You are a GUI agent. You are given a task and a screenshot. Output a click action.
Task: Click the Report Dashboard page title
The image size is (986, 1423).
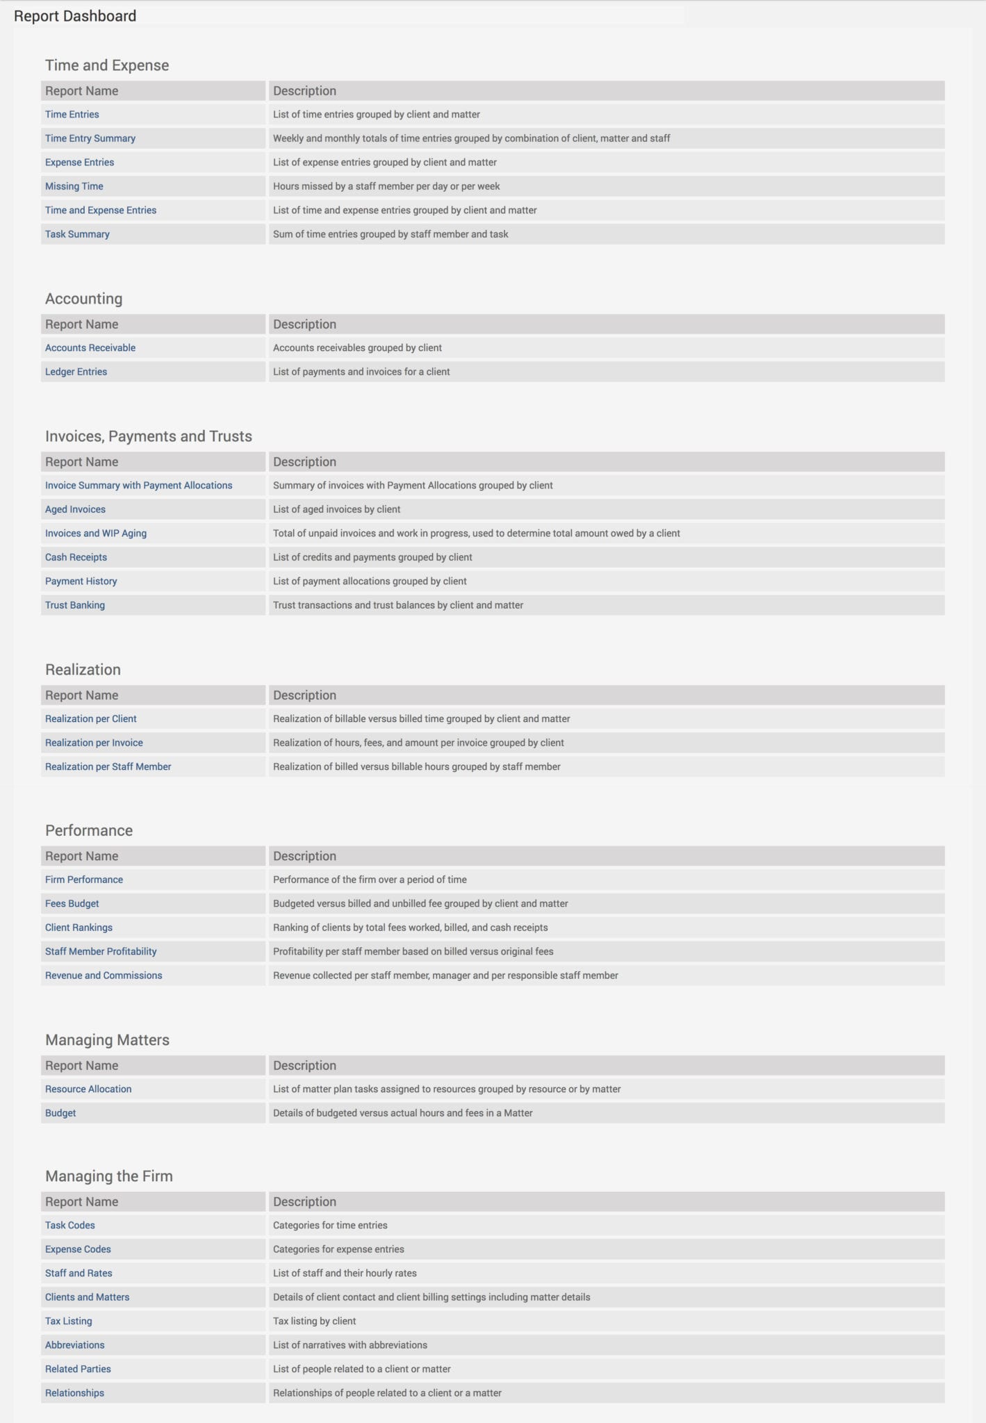click(75, 16)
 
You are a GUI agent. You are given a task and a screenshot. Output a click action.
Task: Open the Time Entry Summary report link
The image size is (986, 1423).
click(90, 138)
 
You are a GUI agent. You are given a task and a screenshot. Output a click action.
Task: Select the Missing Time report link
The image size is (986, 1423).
click(74, 186)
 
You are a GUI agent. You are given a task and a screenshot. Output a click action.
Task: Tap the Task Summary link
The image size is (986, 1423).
click(77, 234)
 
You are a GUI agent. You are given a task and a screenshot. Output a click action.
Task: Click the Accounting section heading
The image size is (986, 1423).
click(83, 299)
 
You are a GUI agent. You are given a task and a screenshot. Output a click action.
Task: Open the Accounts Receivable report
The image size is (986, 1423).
click(90, 348)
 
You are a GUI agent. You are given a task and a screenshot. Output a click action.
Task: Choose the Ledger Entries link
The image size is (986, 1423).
click(76, 372)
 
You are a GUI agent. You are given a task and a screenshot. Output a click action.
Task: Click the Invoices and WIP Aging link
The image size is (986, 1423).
click(96, 534)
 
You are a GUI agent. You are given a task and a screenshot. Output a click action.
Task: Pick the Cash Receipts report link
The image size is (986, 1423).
click(76, 557)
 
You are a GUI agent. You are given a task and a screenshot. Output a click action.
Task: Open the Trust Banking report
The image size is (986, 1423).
click(75, 605)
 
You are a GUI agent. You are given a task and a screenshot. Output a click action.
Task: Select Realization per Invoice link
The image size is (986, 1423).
click(94, 743)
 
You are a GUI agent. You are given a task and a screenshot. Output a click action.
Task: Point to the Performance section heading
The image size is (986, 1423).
click(89, 830)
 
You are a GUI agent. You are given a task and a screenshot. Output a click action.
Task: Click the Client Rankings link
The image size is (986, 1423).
click(79, 928)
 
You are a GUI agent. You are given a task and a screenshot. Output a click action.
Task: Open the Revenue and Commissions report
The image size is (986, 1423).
click(104, 976)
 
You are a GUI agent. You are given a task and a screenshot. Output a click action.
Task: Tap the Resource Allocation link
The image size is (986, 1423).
click(88, 1089)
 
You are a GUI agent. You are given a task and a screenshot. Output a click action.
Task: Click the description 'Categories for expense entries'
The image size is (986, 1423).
click(338, 1249)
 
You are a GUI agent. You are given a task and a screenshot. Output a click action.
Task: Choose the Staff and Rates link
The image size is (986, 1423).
click(79, 1273)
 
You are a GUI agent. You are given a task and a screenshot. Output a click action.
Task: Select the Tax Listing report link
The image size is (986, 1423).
click(68, 1321)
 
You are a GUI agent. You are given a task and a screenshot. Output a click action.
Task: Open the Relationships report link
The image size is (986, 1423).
click(74, 1393)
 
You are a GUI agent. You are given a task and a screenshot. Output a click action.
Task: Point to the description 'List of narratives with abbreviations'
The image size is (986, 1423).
click(350, 1345)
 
